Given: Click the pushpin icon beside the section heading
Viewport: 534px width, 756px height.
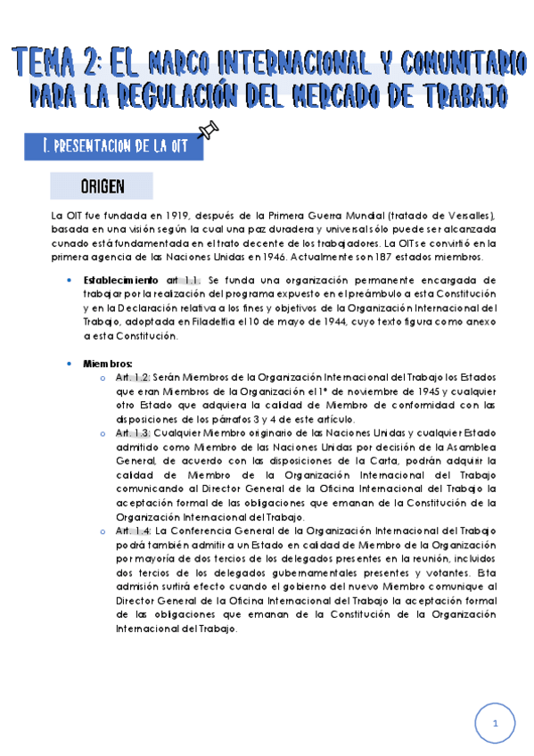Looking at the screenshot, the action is pyautogui.click(x=209, y=134).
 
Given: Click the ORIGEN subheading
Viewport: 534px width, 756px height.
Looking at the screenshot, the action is pyautogui.click(x=102, y=186).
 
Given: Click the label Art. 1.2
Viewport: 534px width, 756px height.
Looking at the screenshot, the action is pyautogui.click(x=133, y=378).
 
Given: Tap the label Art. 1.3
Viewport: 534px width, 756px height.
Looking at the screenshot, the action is pyautogui.click(x=133, y=433).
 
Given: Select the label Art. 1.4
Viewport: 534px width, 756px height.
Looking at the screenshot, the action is pyautogui.click(x=133, y=530).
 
